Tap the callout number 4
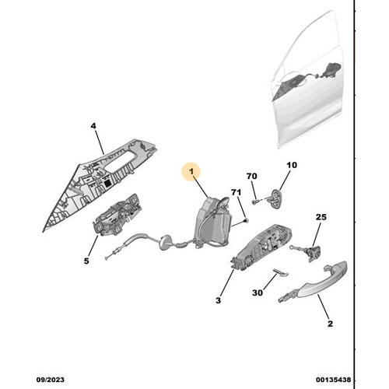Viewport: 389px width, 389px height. [x=93, y=125]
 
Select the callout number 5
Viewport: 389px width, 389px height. [x=86, y=261]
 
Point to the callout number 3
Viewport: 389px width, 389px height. [x=219, y=299]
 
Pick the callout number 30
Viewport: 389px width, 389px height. [x=258, y=293]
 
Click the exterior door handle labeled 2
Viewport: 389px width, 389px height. [x=318, y=282]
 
